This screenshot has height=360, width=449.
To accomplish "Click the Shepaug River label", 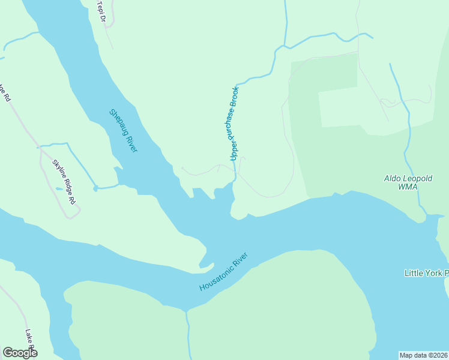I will (123, 130).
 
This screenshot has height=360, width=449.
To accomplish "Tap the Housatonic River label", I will (224, 272).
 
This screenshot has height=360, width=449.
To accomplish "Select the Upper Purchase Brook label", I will (235, 123).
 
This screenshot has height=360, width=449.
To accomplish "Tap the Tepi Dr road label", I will (101, 11).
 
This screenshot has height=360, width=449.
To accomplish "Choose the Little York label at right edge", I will (426, 273).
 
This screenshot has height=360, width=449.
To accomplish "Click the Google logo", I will (20, 352).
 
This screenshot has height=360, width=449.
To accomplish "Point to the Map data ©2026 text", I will (424, 355).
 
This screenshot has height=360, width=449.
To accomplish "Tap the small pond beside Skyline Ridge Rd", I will (58, 189).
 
